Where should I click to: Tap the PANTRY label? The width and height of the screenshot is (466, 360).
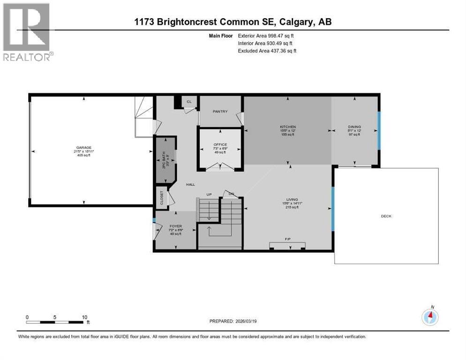[220, 111]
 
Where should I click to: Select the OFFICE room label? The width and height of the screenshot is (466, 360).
[220, 144]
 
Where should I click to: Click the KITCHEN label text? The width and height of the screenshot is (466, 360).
[288, 127]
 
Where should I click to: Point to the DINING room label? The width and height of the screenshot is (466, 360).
[354, 127]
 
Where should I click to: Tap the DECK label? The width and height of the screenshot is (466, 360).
[386, 216]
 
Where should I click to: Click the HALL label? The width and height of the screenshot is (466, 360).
[190, 185]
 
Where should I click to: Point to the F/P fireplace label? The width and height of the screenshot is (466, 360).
[287, 239]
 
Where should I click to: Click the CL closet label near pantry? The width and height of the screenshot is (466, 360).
[189, 101]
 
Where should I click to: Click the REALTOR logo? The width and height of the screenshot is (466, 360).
[27, 32]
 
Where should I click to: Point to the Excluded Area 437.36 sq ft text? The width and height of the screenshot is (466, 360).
[267, 51]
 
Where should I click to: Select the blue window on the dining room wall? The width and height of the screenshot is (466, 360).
[378, 131]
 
